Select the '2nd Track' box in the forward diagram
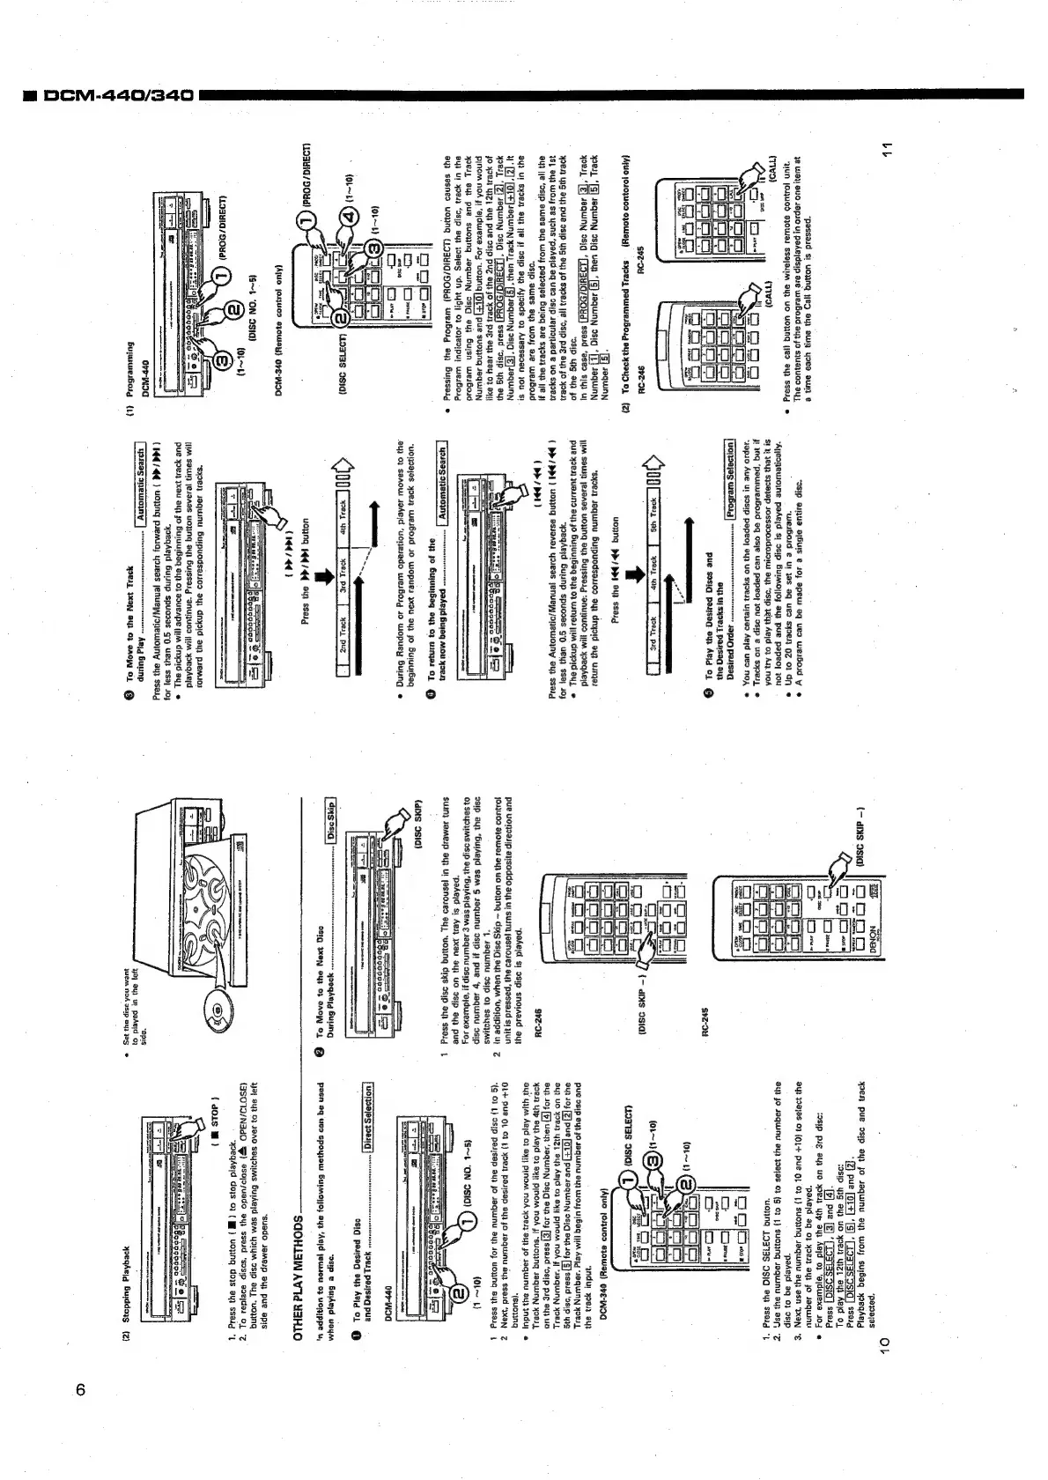click(343, 633)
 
